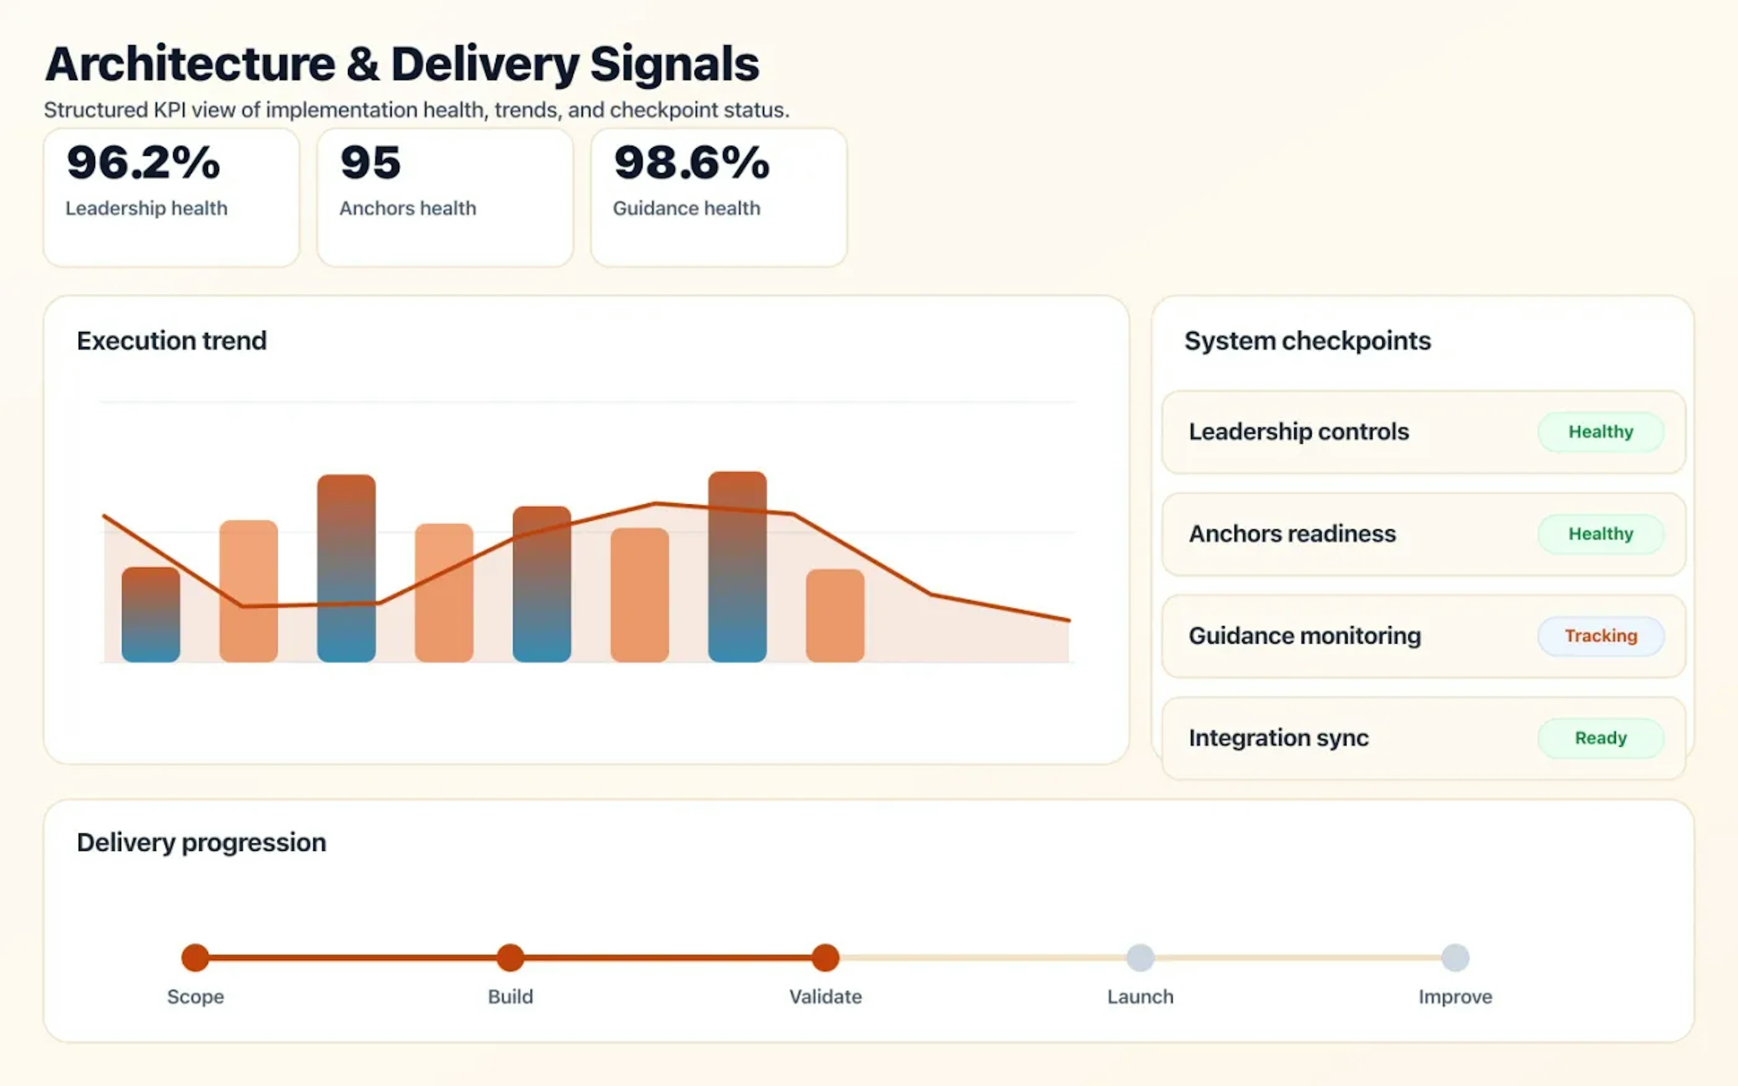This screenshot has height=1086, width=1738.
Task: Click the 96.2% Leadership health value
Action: pos(143,162)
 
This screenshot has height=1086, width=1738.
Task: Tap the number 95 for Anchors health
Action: pos(370,162)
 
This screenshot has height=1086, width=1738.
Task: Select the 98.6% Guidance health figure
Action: pos(691,162)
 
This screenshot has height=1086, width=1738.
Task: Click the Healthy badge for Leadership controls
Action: pos(1600,432)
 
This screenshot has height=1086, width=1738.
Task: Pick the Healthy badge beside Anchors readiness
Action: pos(1600,533)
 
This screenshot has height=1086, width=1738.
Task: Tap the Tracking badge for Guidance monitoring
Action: pos(1600,636)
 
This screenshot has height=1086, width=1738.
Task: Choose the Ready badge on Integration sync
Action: pos(1600,738)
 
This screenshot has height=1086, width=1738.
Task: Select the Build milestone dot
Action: pos(511,957)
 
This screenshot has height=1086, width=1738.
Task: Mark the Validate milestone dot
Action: pos(825,957)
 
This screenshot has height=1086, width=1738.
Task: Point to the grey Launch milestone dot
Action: pos(1140,957)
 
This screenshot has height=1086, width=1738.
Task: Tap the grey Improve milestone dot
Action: pos(1455,957)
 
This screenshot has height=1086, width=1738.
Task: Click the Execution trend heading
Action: pos(172,340)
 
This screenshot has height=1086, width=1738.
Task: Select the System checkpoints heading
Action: pos(1307,340)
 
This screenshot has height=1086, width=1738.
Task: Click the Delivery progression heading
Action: pos(201,842)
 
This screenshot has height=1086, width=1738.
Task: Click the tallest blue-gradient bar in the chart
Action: pos(737,567)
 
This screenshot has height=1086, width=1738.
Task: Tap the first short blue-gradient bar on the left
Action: pos(151,615)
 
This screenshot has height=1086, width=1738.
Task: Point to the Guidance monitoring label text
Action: pos(1304,636)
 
